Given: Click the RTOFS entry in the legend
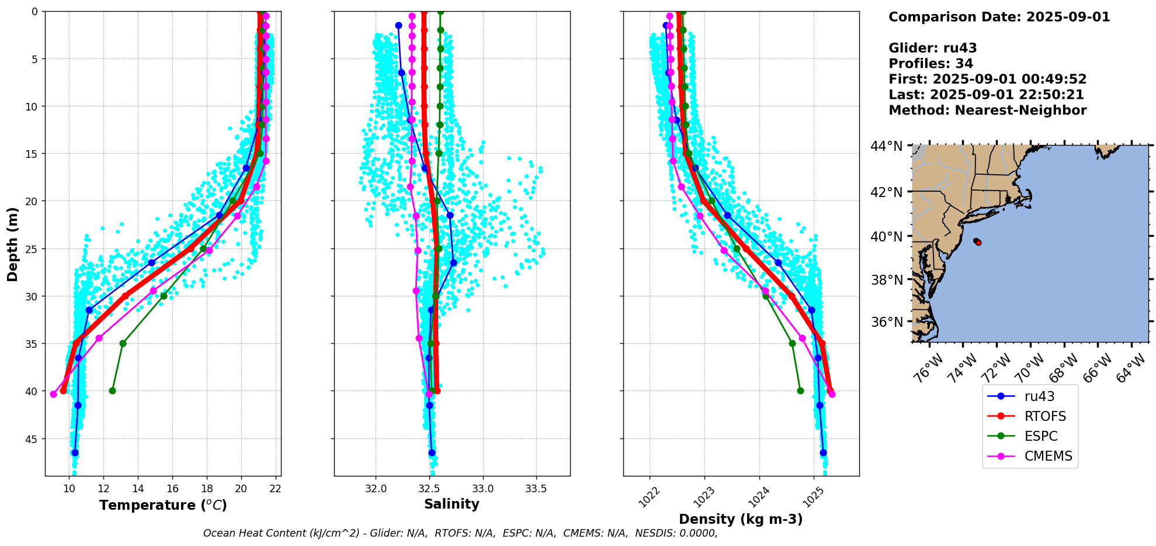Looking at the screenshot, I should (x=1044, y=416).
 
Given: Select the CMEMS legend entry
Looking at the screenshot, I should (x=1048, y=456).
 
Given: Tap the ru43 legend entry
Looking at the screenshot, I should (x=1039, y=396).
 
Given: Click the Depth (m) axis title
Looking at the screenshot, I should (x=12, y=244).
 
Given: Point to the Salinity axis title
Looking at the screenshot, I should (x=452, y=504).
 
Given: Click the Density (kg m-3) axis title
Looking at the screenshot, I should (x=741, y=519).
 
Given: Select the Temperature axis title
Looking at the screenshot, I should (x=163, y=505).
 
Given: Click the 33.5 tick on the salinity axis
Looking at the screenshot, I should (x=536, y=489).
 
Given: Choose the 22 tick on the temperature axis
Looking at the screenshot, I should (x=276, y=489).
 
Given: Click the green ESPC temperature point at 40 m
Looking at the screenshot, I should (x=112, y=391).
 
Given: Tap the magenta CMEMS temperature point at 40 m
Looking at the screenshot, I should (x=53, y=394).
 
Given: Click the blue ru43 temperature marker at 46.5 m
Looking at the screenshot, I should (x=75, y=452).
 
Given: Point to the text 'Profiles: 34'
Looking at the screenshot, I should (x=931, y=64).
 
